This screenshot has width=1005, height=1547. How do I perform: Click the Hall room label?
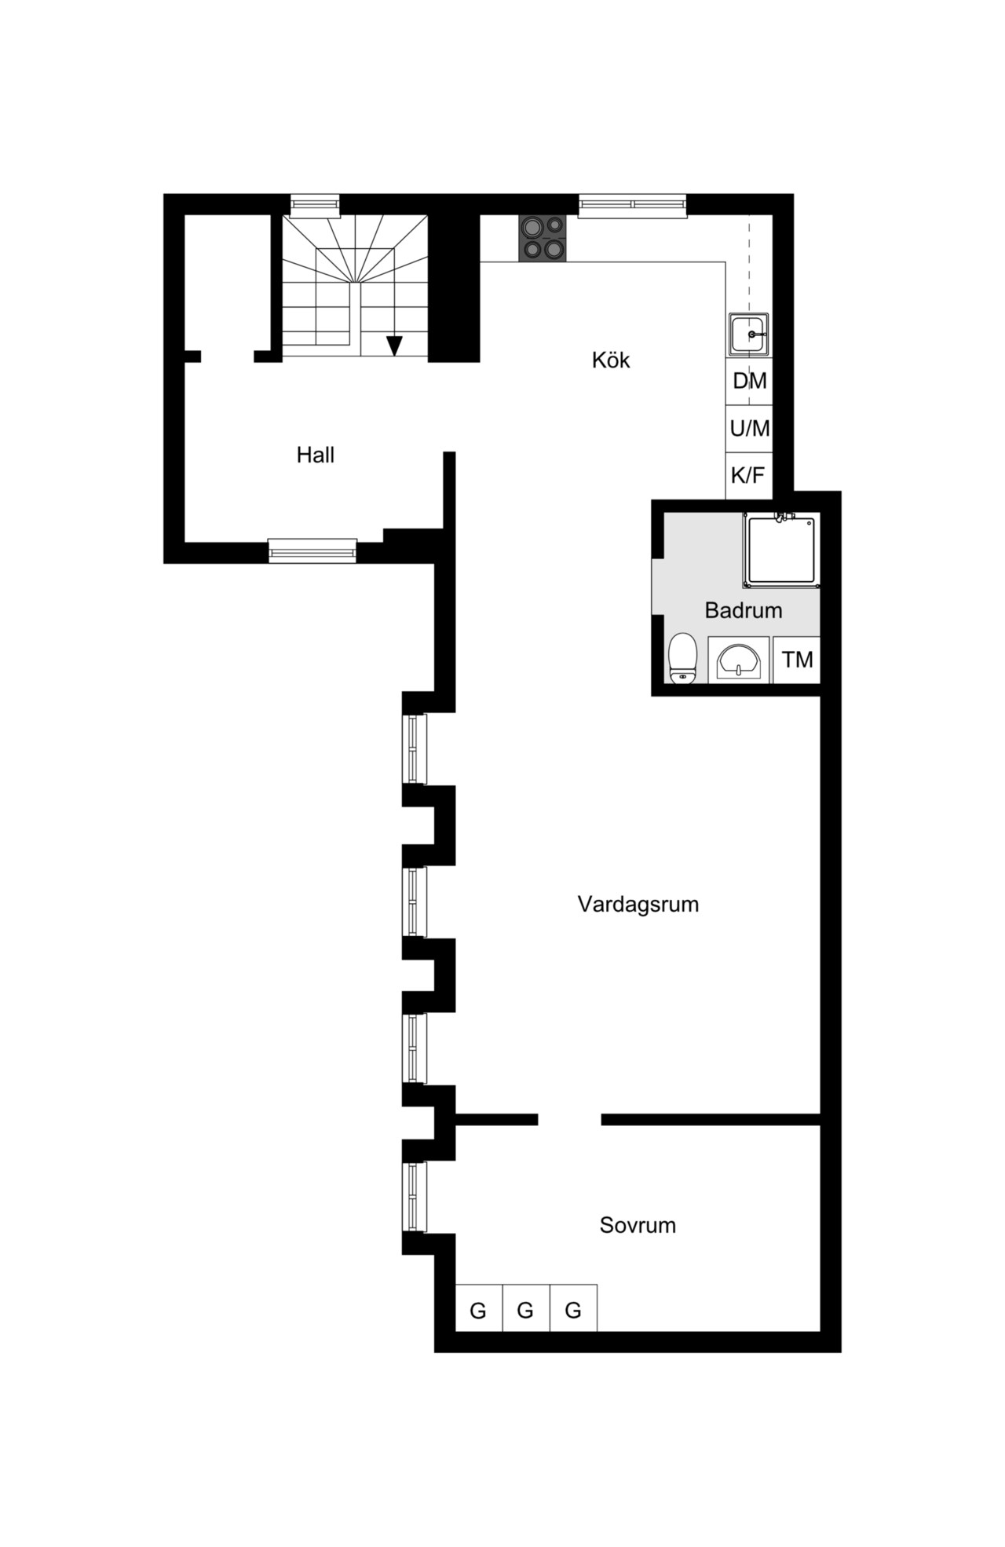(x=315, y=455)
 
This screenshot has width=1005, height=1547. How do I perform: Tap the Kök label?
(x=611, y=360)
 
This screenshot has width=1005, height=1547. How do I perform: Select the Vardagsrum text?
(x=638, y=904)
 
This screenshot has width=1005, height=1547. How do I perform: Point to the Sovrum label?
(x=638, y=1225)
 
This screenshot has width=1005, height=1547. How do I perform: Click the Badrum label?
(x=743, y=610)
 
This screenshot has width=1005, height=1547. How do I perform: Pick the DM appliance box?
(x=749, y=382)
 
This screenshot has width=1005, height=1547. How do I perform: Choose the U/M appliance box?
(x=749, y=429)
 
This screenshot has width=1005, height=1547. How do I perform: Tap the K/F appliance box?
(x=749, y=475)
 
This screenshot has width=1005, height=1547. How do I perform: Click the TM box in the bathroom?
(x=797, y=660)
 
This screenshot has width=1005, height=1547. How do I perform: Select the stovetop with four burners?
(x=542, y=238)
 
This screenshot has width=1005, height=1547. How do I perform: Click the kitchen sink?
(x=748, y=335)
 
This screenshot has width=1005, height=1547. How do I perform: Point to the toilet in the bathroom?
(x=683, y=658)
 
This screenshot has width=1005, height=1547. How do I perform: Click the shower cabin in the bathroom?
(x=781, y=550)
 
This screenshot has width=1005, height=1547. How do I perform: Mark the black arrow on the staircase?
(x=394, y=346)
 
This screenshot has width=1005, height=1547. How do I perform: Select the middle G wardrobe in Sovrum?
(x=526, y=1311)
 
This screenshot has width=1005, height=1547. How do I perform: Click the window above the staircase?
(x=315, y=205)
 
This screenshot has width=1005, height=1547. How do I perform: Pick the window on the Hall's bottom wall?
(x=312, y=551)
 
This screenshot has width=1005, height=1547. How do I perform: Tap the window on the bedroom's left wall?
(x=415, y=1198)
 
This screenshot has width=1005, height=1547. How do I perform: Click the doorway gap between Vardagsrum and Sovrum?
(x=569, y=1119)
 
